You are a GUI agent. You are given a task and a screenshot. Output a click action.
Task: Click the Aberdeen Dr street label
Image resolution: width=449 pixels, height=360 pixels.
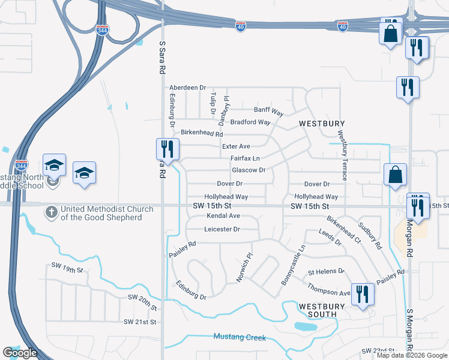[187, 88]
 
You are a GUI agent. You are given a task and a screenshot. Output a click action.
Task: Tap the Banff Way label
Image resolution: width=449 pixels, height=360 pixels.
[268, 111]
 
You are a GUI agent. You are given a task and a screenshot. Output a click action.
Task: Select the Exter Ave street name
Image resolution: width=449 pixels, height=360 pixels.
[236, 146]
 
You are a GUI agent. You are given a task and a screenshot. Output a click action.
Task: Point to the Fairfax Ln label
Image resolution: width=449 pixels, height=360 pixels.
[245, 158]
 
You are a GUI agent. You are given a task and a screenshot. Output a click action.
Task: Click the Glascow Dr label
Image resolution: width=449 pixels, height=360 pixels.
[249, 170]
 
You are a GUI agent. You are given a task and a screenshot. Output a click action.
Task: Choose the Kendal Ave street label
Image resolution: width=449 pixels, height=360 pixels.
[223, 215]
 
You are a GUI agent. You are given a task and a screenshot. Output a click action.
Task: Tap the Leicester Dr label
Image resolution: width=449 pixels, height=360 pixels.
[222, 229]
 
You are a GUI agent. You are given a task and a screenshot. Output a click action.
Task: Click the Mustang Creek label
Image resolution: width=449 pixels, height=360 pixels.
[240, 337]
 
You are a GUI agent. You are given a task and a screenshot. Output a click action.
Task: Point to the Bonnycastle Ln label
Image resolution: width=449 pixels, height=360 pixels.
[294, 265]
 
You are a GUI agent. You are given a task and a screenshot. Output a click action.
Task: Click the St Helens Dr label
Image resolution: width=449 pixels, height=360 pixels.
[327, 271]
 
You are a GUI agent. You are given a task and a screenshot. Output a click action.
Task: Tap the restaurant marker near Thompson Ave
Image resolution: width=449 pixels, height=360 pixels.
[363, 294]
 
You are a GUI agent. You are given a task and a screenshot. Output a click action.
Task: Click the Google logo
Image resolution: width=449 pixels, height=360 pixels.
[20, 353]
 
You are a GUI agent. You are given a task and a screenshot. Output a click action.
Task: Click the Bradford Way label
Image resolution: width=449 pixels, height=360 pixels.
[250, 122]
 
